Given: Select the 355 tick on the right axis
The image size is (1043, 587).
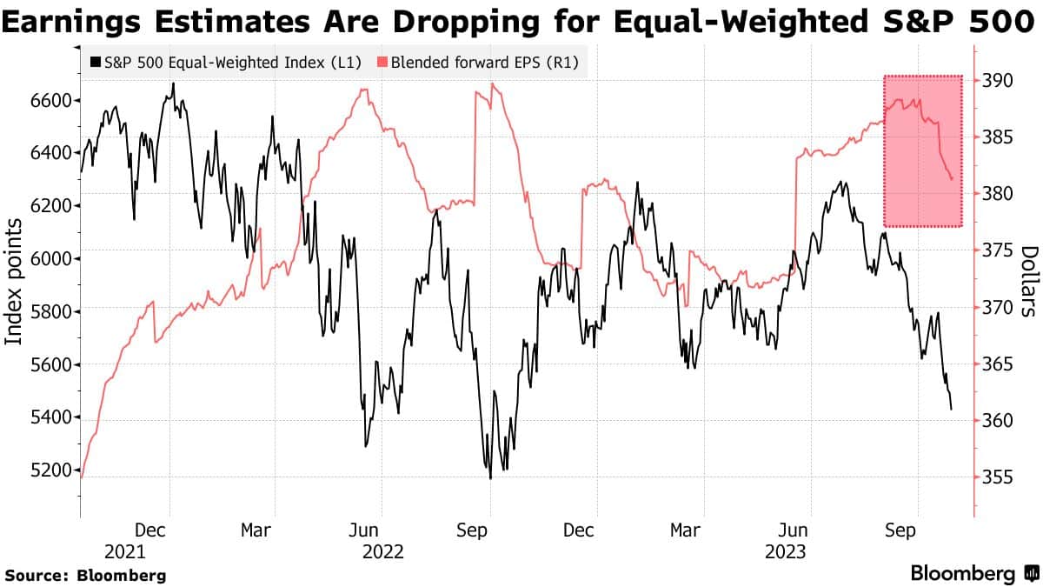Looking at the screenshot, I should (x=999, y=477).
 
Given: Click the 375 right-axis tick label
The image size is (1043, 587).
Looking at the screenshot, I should (x=999, y=250).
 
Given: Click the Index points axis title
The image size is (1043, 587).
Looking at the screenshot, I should (x=15, y=282).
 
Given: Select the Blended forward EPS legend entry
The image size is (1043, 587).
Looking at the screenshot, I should (x=477, y=62).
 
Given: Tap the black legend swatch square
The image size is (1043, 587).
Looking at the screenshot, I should (x=94, y=63).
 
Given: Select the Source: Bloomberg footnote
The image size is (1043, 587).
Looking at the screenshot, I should (x=85, y=575).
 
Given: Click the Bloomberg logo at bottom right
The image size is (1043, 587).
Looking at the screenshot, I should (x=973, y=574).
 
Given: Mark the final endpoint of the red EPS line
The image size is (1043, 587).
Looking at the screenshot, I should (x=953, y=179).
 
